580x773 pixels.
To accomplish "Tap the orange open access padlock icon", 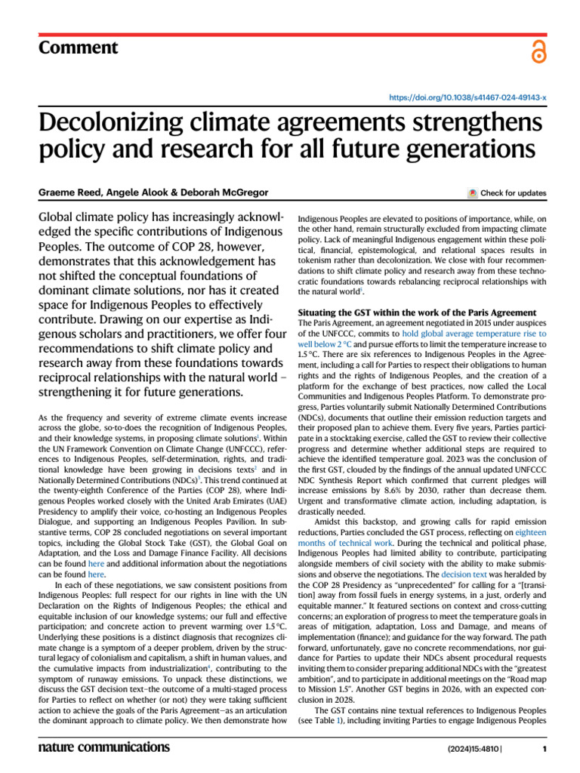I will (538, 52).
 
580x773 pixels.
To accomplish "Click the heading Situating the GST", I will (418, 312).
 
